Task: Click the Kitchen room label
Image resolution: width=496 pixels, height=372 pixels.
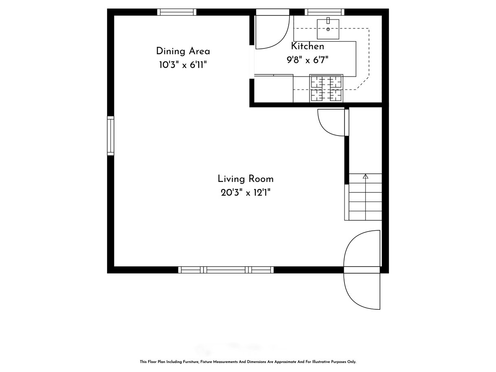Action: coord(307,46)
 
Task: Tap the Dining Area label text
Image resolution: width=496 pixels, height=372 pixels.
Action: coord(183,51)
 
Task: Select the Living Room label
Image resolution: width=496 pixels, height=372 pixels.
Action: coord(246,179)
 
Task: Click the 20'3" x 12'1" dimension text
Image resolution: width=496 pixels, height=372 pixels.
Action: coord(246,193)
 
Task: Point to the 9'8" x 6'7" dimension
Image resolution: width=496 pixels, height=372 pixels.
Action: coord(307,60)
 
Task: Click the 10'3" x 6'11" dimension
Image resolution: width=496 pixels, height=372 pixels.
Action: coord(183,65)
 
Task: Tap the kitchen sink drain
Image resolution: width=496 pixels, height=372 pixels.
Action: coord(328,29)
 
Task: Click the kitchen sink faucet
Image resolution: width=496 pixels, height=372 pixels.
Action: coord(328,21)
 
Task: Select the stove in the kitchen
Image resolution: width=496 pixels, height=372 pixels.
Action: coord(326,88)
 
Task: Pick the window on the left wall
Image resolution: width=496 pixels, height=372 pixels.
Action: coord(110,136)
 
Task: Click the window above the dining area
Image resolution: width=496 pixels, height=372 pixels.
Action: coord(177,12)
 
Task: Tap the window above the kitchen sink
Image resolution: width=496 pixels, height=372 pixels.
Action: coord(325,12)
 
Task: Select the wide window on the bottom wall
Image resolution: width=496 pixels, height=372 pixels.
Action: coord(226,270)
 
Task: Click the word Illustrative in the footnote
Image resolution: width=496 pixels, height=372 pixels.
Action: coord(321,361)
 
